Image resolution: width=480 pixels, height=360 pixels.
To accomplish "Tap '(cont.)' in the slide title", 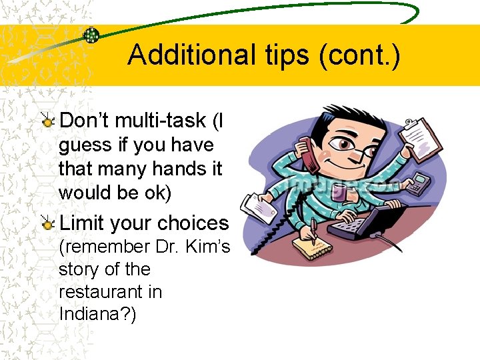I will coord(360,55).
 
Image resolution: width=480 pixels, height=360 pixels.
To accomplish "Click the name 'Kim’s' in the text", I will coord(211,247).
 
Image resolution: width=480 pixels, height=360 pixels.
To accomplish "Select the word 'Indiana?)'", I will coord(97,314).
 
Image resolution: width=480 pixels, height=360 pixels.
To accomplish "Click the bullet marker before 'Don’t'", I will coord(47,121).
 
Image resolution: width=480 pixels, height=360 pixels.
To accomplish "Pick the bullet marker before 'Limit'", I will coord(47,223).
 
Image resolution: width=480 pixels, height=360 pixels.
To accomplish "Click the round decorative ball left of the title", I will coord(91,34).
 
